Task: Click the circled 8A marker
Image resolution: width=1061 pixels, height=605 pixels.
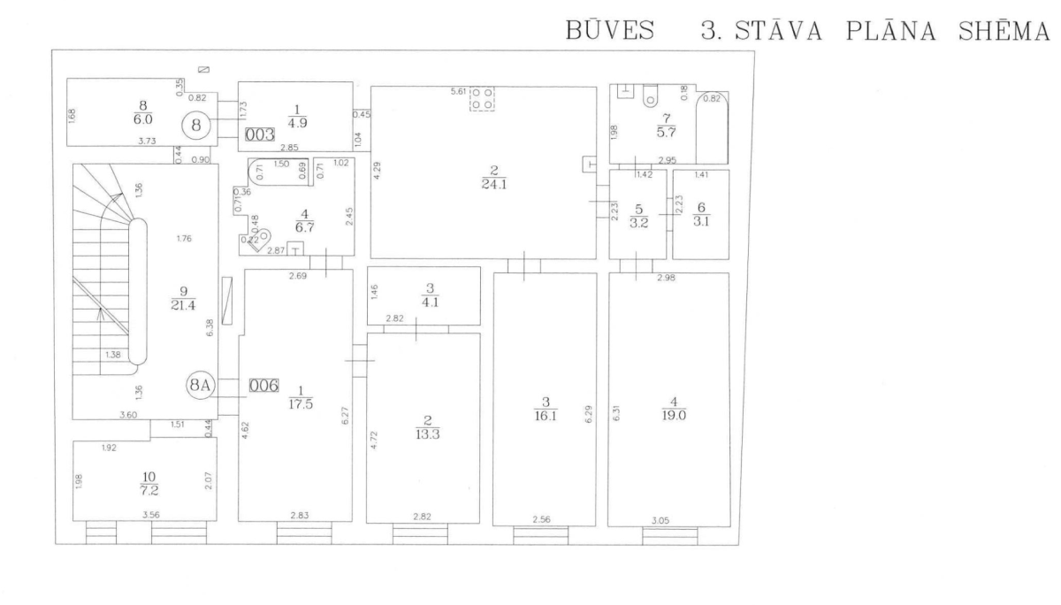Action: point(198,386)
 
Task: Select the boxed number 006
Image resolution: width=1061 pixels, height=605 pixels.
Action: point(263,386)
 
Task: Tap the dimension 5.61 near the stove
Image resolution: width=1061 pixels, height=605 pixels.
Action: point(458,91)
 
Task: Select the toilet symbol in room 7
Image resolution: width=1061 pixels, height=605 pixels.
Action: point(652,95)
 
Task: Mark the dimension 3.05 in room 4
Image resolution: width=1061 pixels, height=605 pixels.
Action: point(660,521)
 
